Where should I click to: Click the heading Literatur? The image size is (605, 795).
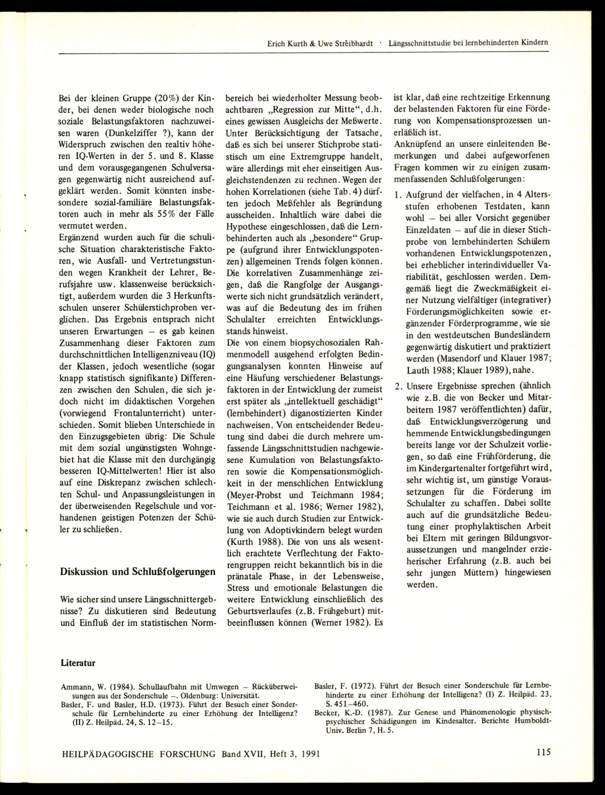pyautogui.click(x=78, y=663)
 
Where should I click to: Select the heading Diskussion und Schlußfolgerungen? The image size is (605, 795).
pyautogui.click(x=138, y=572)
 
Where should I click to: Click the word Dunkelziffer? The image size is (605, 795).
pyautogui.click(x=127, y=133)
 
